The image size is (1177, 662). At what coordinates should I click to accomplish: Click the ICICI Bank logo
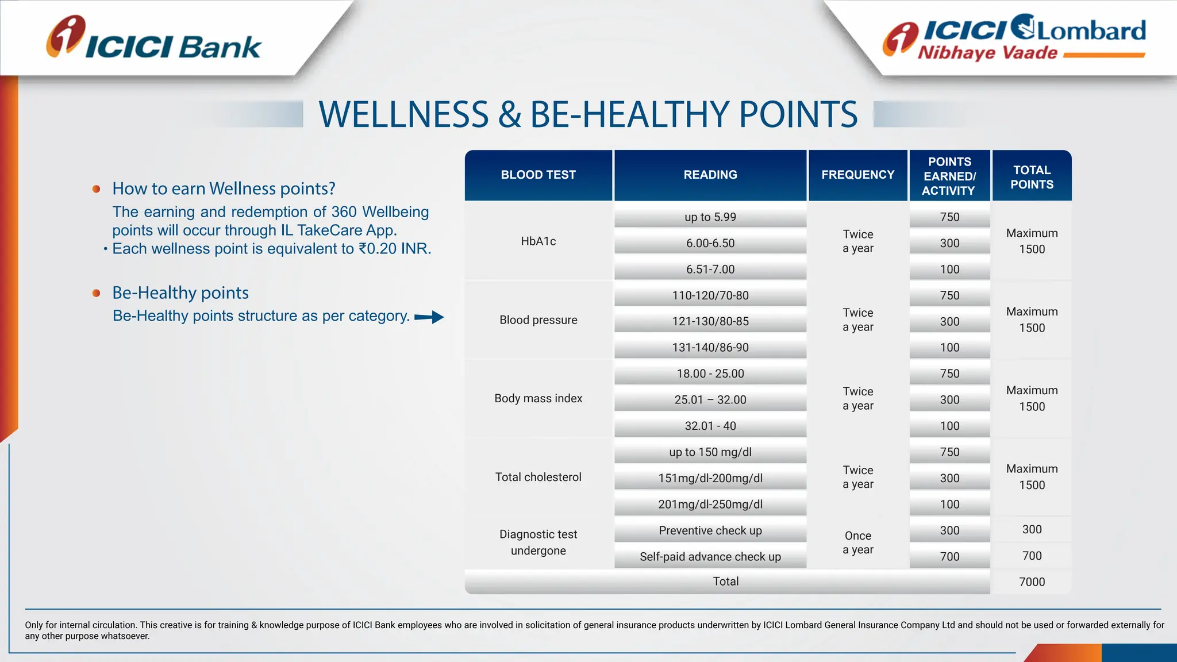pos(154,39)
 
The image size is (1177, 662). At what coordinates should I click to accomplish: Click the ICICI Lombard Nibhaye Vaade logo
pos(1014,38)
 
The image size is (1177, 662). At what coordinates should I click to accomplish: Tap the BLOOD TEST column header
pos(538,175)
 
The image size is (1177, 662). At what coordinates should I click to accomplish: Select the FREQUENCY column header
pos(857,175)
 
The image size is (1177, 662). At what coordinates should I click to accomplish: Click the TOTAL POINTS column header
pos(1032,177)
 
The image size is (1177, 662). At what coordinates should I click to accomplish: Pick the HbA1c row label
pos(538,241)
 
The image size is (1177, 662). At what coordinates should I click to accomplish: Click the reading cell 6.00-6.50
pos(710,243)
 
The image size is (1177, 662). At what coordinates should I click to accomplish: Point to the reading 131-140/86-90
pos(710,348)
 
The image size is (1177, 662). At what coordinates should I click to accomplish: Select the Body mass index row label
pos(538,398)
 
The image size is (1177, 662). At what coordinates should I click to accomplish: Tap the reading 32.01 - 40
pos(710,426)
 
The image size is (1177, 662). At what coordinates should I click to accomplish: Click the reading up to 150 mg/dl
pos(710,452)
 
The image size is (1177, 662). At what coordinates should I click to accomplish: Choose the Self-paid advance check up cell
pos(710,556)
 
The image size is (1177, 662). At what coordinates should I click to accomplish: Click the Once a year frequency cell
pos(857,542)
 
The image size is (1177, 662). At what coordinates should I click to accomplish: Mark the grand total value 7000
pos(1032,582)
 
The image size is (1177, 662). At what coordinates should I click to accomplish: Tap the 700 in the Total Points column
pos(1032,556)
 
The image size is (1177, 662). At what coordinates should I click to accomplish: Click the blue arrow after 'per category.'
pos(429,317)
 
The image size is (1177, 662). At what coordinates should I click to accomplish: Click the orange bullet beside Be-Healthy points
pos(97,293)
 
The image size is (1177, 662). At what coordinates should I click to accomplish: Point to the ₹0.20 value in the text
pos(379,249)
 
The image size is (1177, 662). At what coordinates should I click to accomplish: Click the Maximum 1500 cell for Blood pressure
pos(1032,320)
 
